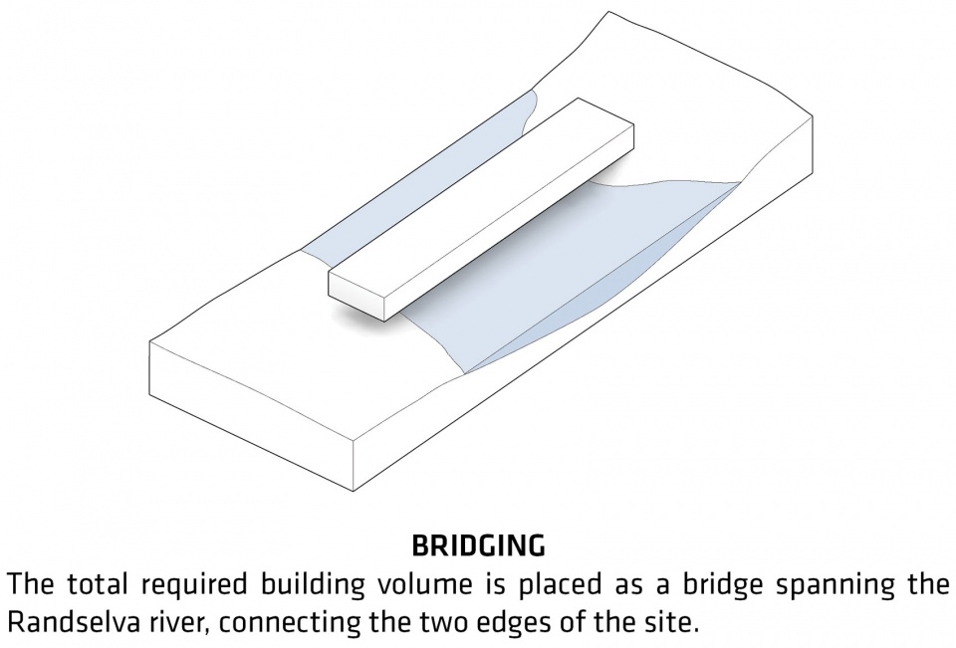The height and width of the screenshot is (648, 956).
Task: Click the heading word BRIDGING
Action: (x=479, y=545)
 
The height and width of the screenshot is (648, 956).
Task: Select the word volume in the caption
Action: (x=424, y=584)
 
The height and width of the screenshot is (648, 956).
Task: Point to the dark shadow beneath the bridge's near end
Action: (x=359, y=317)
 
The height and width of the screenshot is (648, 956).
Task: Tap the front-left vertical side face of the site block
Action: (x=251, y=414)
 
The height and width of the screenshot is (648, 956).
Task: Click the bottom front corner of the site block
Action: (x=355, y=491)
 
